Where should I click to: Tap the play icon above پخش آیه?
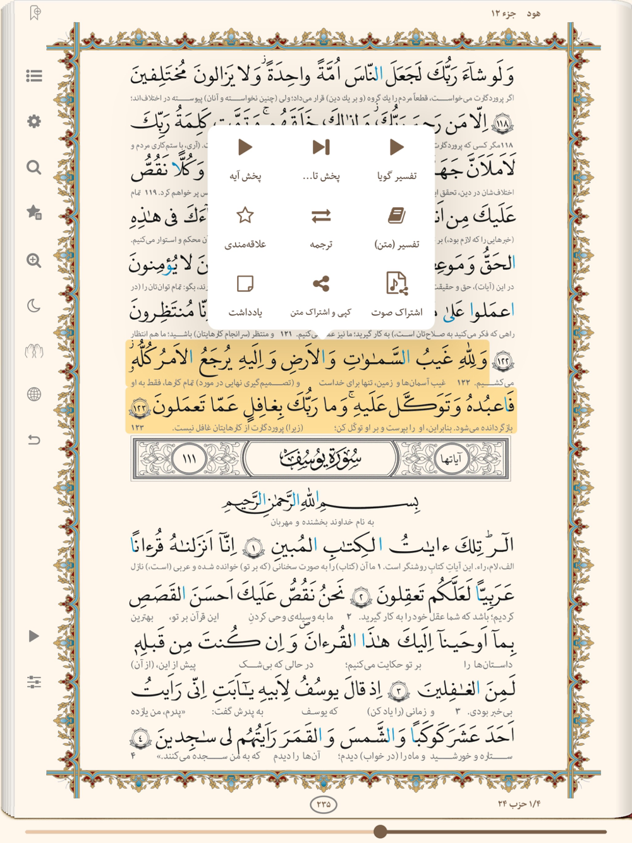245,148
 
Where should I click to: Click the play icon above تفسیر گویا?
396,148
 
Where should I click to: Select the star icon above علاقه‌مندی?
245,215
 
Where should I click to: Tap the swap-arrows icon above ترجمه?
321,216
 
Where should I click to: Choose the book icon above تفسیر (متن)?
396,216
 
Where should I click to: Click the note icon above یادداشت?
245,284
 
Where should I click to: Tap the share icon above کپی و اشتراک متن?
321,284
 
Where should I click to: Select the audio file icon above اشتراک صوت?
396,284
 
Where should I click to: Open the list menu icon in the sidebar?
34,76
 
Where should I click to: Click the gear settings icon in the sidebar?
34,121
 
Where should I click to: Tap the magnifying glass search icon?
34,167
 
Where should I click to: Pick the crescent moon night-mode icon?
34,306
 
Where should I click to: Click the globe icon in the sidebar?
34,395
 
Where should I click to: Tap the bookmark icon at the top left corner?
35,13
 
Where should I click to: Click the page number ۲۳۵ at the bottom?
324,804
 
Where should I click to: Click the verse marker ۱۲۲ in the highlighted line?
502,361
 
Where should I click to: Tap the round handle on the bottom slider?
380,832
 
